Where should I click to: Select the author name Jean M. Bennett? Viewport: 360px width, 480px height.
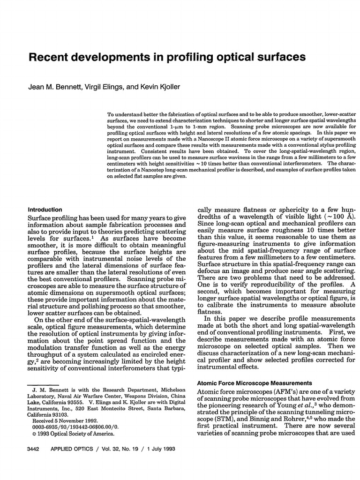[x=53, y=88]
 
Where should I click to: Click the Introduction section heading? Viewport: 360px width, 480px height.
[x=45, y=210]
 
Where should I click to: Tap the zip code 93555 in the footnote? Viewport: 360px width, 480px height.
[x=74, y=402]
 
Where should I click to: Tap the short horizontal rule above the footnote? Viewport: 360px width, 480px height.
[x=40, y=384]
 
